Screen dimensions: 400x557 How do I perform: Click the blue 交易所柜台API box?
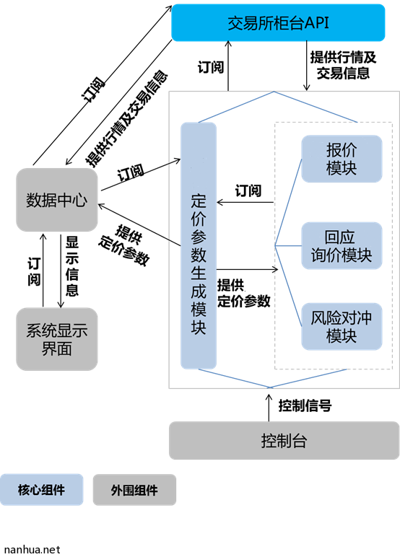(278, 23)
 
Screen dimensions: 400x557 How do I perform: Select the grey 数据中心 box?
(57, 200)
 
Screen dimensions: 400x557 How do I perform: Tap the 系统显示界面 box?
(57, 339)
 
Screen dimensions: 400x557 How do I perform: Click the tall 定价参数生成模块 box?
(199, 245)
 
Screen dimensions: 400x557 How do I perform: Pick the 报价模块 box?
(342, 159)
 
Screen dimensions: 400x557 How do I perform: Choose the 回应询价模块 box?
(342, 246)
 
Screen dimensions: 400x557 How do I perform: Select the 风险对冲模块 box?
(342, 326)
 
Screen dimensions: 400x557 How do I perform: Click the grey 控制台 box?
(284, 441)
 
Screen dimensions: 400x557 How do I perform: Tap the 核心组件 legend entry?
(42, 489)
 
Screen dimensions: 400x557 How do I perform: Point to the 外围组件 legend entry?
(134, 490)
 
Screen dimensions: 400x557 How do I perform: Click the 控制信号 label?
(305, 405)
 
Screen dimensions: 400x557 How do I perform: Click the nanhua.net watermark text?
(32, 550)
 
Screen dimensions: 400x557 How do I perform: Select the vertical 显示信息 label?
(71, 266)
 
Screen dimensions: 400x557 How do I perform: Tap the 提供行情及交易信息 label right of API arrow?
(343, 65)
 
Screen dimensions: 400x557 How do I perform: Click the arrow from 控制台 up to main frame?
(269, 408)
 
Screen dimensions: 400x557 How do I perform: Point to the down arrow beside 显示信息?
(61, 271)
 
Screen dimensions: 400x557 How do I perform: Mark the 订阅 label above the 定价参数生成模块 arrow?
(248, 190)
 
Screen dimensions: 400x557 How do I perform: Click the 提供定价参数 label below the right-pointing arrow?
(244, 293)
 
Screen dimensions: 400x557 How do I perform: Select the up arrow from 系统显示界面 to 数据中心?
(43, 270)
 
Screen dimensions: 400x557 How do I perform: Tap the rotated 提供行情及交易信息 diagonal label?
(126, 119)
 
